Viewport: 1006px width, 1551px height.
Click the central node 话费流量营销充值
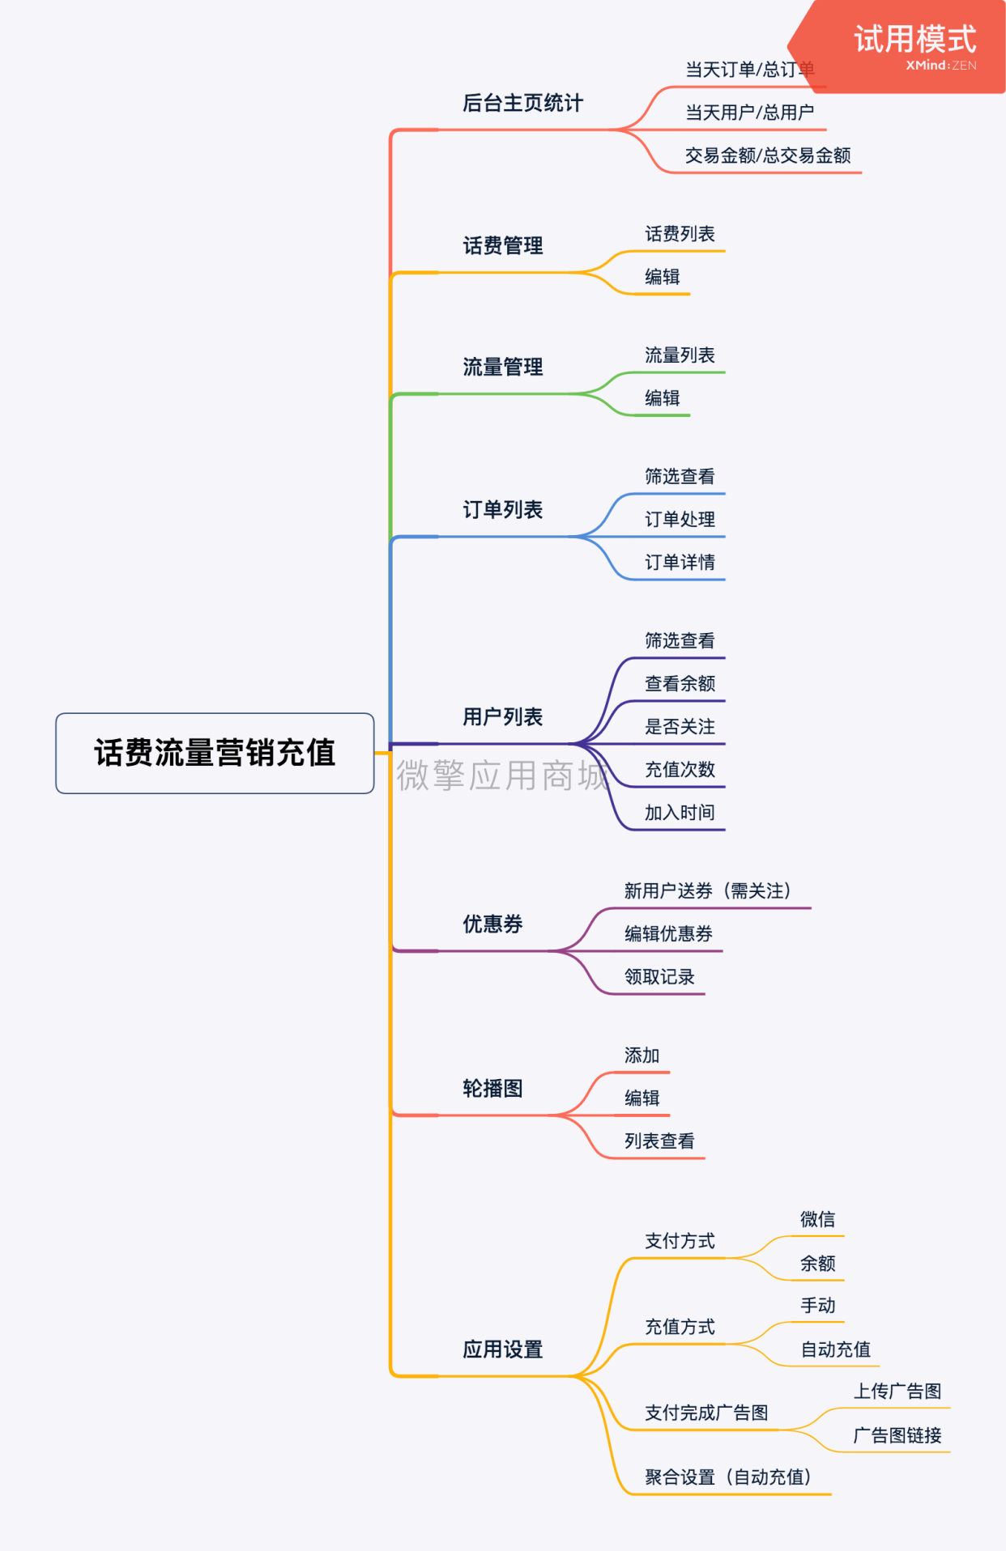[x=215, y=753]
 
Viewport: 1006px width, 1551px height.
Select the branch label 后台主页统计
[x=522, y=103]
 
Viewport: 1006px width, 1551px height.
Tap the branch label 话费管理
[x=503, y=245]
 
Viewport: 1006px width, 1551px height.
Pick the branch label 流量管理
[x=503, y=367]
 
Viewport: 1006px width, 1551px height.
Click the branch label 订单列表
[x=503, y=509]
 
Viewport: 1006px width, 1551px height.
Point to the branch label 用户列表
[x=503, y=716]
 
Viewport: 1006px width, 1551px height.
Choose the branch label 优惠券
[x=492, y=924]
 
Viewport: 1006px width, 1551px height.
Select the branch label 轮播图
[x=492, y=1088]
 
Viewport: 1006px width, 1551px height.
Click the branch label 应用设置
[x=503, y=1349]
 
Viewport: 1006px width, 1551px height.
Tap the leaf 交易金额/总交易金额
[x=768, y=155]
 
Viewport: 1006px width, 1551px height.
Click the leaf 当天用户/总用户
[x=750, y=112]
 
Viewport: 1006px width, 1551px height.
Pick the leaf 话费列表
[x=680, y=234]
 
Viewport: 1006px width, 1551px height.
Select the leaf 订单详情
[x=680, y=562]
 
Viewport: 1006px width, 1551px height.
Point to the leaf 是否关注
[x=680, y=726]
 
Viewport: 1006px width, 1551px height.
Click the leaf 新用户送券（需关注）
[x=708, y=890]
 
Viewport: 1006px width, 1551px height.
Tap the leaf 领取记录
[x=659, y=976]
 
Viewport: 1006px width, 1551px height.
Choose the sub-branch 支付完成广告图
[x=706, y=1413]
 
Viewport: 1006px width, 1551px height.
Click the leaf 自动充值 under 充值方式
[x=836, y=1349]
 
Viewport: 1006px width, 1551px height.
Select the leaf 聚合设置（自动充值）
[x=728, y=1477]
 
